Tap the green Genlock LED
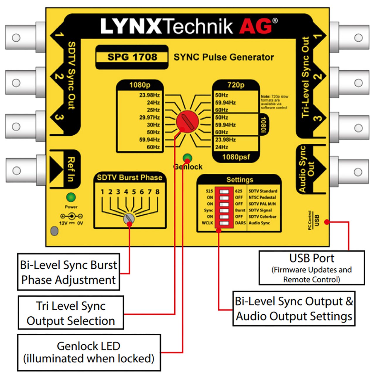tap(187, 158)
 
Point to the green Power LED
tap(71, 197)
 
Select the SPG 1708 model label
tap(132, 57)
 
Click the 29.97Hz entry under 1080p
tap(149, 117)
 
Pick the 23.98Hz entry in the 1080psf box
tap(225, 140)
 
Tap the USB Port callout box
tap(311, 268)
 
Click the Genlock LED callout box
tap(89, 352)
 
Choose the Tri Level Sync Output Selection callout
tap(71, 313)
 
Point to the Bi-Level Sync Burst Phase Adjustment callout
tap(69, 272)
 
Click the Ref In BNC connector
tap(22, 171)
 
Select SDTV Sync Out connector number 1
tap(22, 37)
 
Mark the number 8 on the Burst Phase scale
tap(157, 192)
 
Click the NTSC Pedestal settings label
tap(262, 197)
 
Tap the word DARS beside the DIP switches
tap(240, 223)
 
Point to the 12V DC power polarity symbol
tap(71, 217)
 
